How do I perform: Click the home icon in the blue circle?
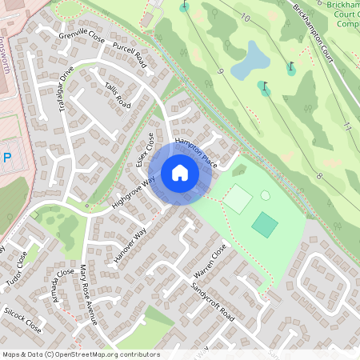tap(179, 173)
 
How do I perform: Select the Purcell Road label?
tap(131, 58)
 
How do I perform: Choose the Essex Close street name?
tap(145, 150)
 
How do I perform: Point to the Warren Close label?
tap(210, 266)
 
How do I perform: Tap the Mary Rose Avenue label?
tap(88, 295)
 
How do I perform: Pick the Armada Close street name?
tap(58, 286)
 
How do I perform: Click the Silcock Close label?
tap(22, 318)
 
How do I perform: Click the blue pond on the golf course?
tap(250, 61)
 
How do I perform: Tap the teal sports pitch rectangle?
tap(264, 224)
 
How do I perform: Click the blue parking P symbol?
tap(7, 158)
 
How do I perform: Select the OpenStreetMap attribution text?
tap(81, 354)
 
